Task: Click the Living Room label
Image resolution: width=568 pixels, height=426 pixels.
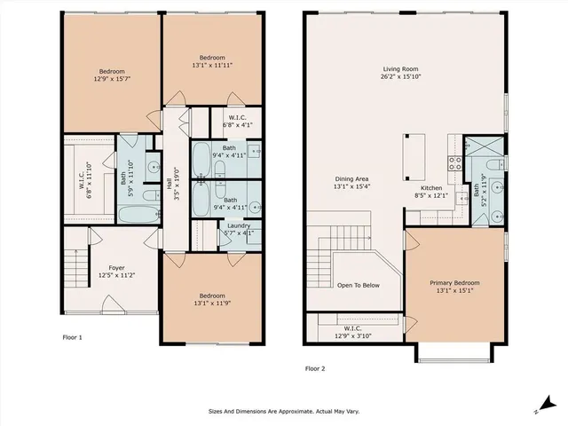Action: click(x=400, y=73)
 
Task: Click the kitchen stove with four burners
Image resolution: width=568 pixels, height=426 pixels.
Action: click(x=453, y=162)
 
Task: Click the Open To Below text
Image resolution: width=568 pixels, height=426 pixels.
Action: click(x=358, y=286)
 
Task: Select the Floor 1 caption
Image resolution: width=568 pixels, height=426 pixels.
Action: click(x=72, y=337)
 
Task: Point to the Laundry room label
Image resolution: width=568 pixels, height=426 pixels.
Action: click(x=238, y=230)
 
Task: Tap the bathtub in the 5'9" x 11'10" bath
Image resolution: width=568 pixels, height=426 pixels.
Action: click(x=135, y=214)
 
